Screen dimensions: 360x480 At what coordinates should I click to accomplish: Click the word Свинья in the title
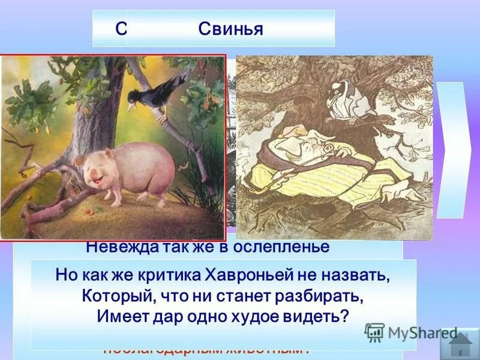point(231,29)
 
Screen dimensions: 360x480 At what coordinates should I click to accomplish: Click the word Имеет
point(120,317)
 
